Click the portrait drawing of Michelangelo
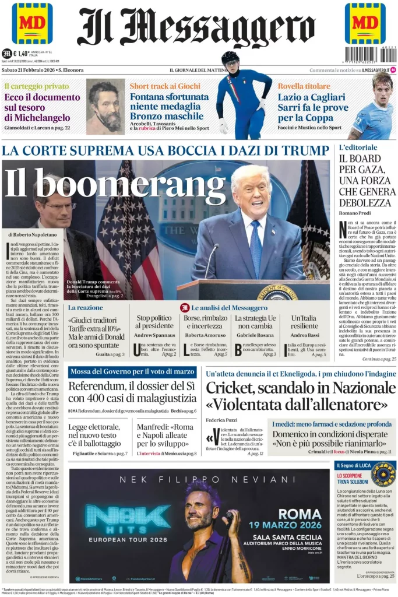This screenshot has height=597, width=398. point(105,107)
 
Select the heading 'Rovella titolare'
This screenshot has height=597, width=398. point(303,86)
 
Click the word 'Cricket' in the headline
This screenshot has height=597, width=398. point(237,388)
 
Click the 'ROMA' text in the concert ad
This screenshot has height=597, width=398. point(300,514)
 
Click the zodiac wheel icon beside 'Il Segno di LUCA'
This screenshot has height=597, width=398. point(383,473)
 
